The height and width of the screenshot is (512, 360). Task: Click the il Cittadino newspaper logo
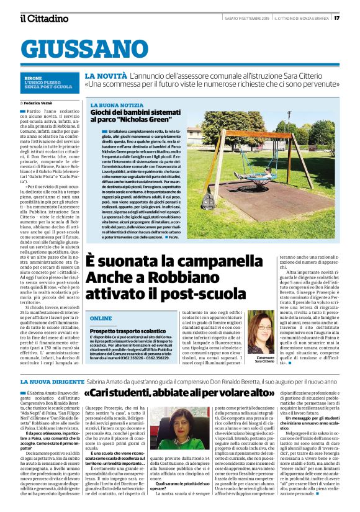point(43,18)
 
